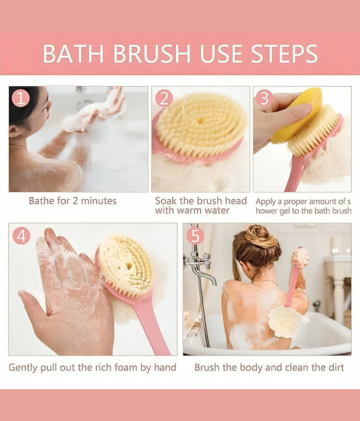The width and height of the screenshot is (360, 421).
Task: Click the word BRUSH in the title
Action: [x=152, y=54]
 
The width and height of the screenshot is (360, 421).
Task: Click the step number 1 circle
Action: [x=21, y=98]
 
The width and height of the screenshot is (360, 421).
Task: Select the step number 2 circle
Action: [x=164, y=98]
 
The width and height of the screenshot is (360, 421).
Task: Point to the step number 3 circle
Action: [x=264, y=98]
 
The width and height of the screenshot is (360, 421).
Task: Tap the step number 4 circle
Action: [x=21, y=236]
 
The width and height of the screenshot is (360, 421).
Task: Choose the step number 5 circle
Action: [x=195, y=236]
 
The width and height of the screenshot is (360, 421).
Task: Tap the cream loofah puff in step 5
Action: [x=285, y=322]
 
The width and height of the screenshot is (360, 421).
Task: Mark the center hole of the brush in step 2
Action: [x=200, y=121]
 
